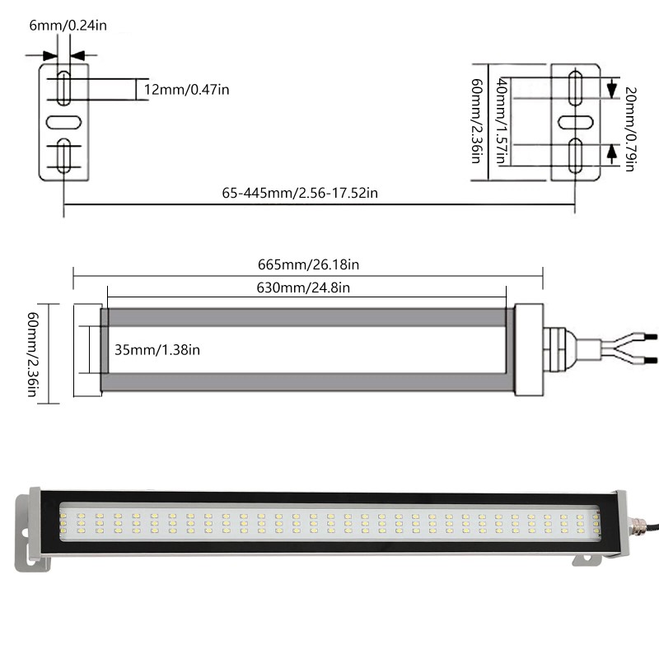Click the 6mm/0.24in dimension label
click(68, 25)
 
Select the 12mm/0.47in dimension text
click(186, 89)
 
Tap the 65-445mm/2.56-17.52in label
click(300, 193)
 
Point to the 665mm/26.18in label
click(308, 264)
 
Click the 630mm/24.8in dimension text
click(304, 287)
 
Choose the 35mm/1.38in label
click(157, 350)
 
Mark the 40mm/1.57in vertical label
click(502, 120)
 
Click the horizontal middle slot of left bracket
click(63, 121)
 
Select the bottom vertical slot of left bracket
click(63, 156)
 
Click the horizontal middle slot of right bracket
click(577, 121)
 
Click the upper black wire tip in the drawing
click(650, 337)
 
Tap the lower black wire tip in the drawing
click(650, 362)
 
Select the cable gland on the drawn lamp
click(555, 349)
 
